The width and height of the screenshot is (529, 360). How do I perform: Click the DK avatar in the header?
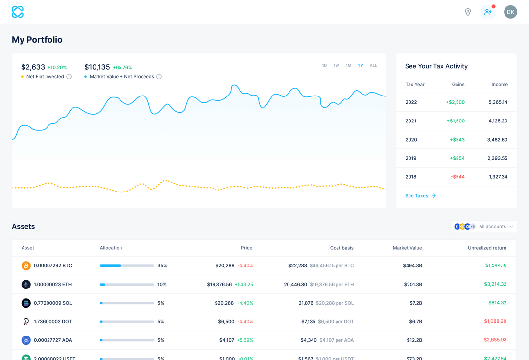click(x=510, y=12)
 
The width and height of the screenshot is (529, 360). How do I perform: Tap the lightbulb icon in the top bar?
click(x=468, y=12)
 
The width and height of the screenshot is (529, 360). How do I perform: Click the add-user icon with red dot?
click(x=488, y=12)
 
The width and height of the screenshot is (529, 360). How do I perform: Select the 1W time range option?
click(x=336, y=65)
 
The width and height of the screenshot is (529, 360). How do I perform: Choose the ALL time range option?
click(x=373, y=65)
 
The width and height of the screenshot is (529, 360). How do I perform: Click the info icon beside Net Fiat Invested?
click(x=69, y=77)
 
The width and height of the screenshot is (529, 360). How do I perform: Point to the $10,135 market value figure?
click(x=97, y=67)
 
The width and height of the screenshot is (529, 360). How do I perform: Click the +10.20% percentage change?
click(x=57, y=68)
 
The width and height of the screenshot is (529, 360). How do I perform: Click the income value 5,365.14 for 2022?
click(x=498, y=102)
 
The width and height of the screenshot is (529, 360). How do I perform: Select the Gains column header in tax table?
click(x=458, y=84)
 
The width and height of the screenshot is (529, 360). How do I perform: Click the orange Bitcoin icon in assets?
click(x=26, y=266)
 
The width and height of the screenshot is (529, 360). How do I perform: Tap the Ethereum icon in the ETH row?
click(x=26, y=285)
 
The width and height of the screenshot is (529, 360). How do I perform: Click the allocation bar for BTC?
click(x=127, y=266)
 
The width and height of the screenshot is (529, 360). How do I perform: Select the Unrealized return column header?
click(x=487, y=248)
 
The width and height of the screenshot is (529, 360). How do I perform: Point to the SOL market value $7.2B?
click(x=415, y=303)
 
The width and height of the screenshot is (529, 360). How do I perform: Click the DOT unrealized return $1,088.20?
click(x=495, y=322)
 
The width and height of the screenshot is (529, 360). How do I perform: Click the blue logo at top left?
click(x=18, y=12)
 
